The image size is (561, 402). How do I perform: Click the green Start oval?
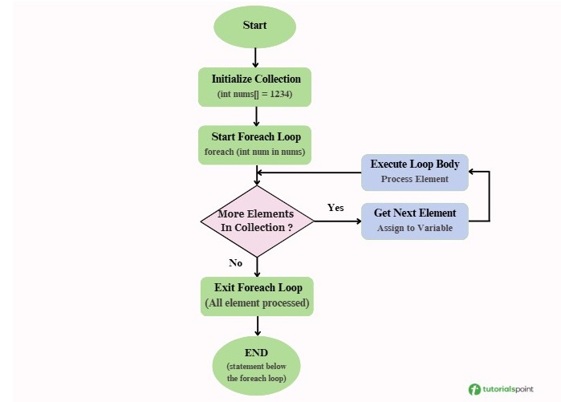pos(254,26)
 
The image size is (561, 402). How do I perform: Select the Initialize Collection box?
pos(255,87)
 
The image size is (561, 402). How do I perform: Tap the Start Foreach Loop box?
pos(255,144)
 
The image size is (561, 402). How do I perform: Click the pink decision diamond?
pos(257,221)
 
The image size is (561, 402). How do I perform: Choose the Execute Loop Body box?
pos(414,172)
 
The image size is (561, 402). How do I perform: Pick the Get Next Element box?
pos(414,221)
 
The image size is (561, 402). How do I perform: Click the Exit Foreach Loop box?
pos(257,295)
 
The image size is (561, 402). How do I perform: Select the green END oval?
pos(256,365)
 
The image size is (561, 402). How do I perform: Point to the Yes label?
pos(335,208)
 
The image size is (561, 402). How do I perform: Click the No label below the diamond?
pos(235,262)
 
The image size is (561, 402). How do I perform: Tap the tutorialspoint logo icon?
pos(475,389)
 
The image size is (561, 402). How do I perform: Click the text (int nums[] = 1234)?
pos(255,95)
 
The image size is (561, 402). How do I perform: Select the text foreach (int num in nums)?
pos(255,152)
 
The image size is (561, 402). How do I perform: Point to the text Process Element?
pos(414,179)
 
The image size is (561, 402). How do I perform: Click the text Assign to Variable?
pos(414,229)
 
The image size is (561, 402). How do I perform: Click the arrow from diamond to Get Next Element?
pos(337,221)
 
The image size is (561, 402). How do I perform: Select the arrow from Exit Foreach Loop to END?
pos(257,325)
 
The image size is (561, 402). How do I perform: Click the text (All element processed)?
pos(257,303)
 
